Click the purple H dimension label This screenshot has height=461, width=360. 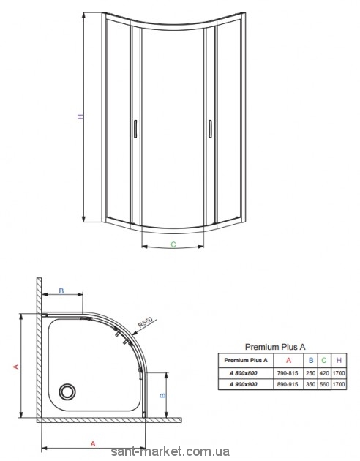[x=80, y=116]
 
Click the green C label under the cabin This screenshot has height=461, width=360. [x=173, y=244]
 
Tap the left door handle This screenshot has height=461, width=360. [x=135, y=129]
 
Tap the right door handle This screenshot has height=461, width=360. [x=210, y=129]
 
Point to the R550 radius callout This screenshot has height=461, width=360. [x=145, y=323]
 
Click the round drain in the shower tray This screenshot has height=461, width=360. [x=67, y=391]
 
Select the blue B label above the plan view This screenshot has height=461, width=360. [x=61, y=291]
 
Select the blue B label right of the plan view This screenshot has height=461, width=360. [x=162, y=395]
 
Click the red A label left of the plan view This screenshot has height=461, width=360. [x=16, y=367]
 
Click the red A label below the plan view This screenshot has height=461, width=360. [x=93, y=443]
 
